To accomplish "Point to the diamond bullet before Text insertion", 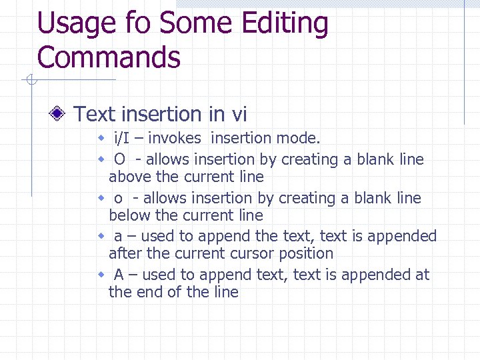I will tap(59, 114).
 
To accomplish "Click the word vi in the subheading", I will tap(239, 115).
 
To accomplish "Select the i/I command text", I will tap(122, 139).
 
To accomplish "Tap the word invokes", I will tap(177, 139).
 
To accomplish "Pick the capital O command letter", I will tap(120, 159).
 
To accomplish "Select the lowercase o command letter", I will tap(118, 199).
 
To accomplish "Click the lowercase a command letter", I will tap(118, 237).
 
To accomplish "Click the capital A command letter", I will tap(119, 275).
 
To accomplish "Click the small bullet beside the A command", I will tap(102, 275).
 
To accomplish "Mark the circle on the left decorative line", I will tap(30, 81).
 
